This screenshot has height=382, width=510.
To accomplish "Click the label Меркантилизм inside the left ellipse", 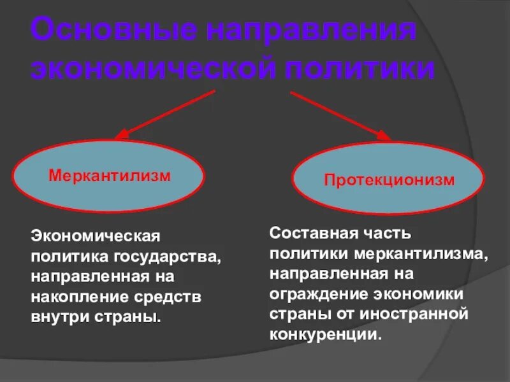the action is point(110,176).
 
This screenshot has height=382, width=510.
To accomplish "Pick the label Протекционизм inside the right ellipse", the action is point(390,180).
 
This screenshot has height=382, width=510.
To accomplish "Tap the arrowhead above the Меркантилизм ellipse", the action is point(122,134).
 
